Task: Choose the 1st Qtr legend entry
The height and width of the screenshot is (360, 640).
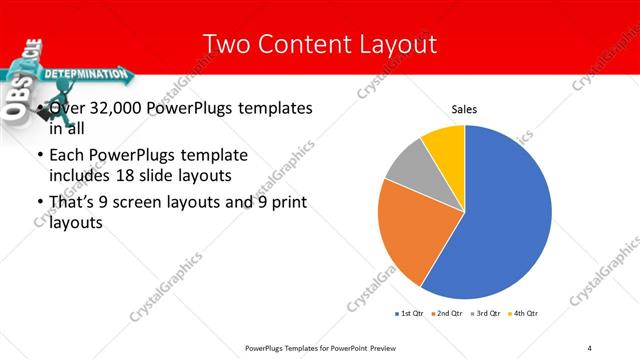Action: [x=411, y=314]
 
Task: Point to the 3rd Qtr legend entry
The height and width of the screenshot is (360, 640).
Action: [x=487, y=314]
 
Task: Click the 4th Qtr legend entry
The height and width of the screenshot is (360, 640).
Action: [x=525, y=314]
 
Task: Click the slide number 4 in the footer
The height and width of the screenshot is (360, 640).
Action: [x=590, y=347]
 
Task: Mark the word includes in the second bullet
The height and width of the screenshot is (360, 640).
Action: [x=78, y=175]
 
